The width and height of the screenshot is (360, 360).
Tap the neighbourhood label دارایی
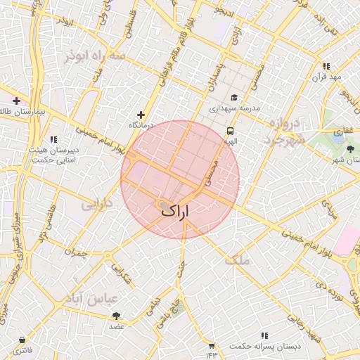[97, 205]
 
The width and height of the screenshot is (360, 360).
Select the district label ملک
[238, 260]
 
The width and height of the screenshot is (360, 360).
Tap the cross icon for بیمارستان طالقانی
[16, 101]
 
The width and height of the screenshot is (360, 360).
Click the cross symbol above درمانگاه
[141, 115]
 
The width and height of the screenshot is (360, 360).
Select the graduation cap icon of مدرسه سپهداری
[233, 98]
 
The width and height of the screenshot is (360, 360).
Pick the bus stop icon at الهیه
[230, 131]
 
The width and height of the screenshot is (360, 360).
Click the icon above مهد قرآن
[326, 66]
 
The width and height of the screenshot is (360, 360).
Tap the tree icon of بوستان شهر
[350, 148]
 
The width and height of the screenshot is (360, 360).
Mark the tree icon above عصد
[116, 316]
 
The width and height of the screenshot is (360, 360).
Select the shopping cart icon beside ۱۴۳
[212, 345]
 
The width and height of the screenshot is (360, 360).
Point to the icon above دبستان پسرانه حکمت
[264, 335]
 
